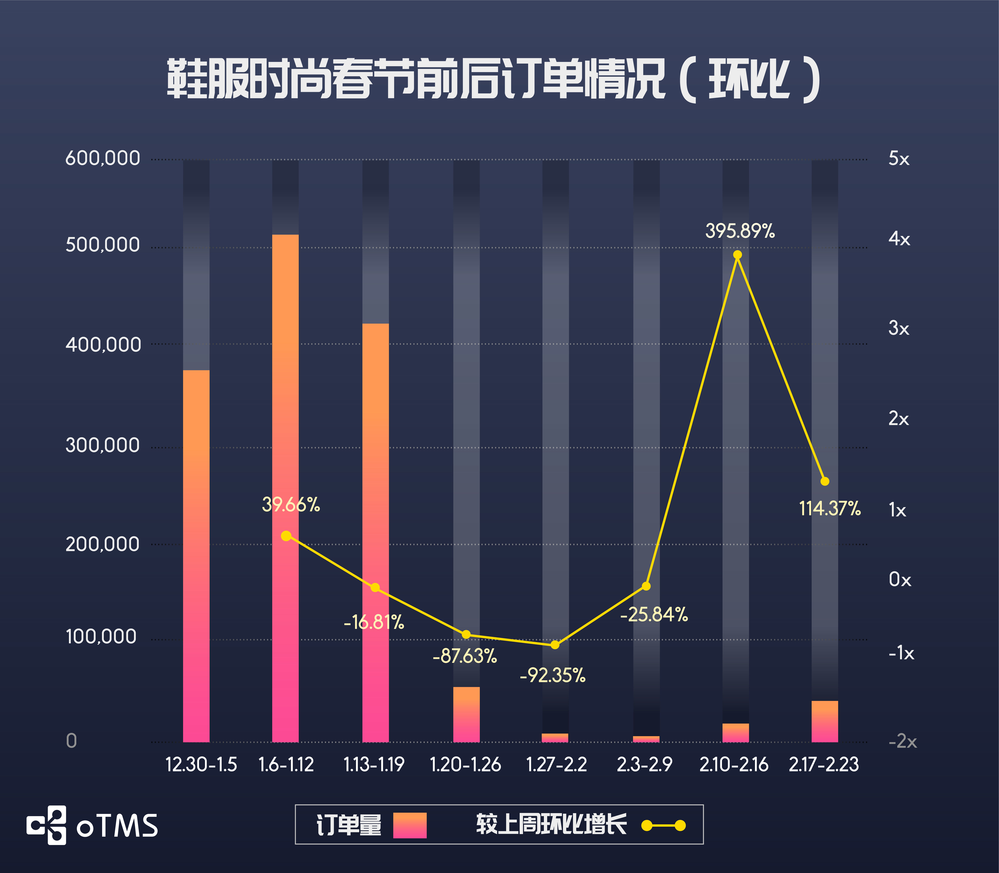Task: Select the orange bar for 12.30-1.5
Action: pos(196,555)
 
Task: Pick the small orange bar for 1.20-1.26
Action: pos(466,714)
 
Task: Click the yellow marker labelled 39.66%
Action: pos(286,536)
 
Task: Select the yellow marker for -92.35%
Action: pos(555,644)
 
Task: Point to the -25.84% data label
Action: pos(654,614)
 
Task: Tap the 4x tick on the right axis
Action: pos(899,239)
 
